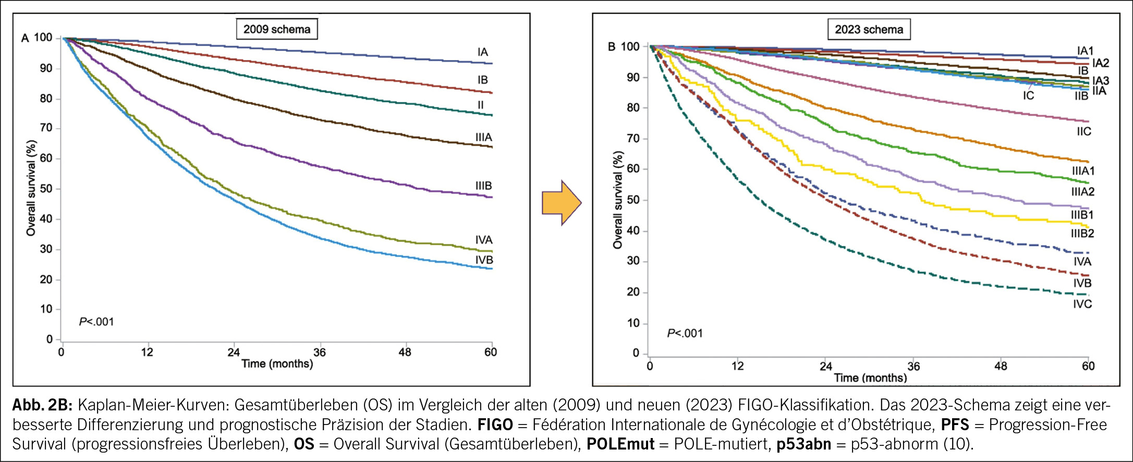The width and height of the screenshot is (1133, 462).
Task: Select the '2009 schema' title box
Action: pyautogui.click(x=276, y=29)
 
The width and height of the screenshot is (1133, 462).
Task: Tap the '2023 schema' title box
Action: pyautogui.click(x=869, y=30)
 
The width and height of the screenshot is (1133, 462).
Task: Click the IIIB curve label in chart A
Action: pyautogui.click(x=483, y=186)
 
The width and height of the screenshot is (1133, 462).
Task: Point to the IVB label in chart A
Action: pyautogui.click(x=484, y=260)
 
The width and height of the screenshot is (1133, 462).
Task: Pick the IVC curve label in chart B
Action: pyautogui.click(x=1082, y=304)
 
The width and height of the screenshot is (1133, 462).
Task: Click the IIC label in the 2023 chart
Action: pyautogui.click(x=1083, y=132)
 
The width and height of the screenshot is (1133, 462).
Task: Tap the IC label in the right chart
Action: pyautogui.click(x=1028, y=96)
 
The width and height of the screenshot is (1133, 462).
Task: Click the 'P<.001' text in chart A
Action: pyautogui.click(x=96, y=322)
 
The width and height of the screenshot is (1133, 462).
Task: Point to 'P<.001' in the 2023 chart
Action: pyautogui.click(x=685, y=333)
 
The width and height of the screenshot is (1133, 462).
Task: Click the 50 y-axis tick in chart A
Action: pyautogui.click(x=46, y=189)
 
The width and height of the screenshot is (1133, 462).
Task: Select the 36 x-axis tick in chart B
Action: pyautogui.click(x=913, y=366)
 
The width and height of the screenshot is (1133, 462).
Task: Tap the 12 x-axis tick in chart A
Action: pyautogui.click(x=148, y=352)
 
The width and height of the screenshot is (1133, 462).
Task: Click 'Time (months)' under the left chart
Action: pyautogui.click(x=277, y=364)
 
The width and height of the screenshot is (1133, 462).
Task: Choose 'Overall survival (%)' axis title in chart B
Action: pyautogui.click(x=618, y=200)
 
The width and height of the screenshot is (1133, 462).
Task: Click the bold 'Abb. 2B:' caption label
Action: pyautogui.click(x=44, y=405)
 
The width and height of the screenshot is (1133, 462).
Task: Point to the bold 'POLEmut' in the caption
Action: pyautogui.click(x=620, y=444)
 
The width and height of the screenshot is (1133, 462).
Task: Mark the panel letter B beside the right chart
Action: pyautogui.click(x=612, y=47)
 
